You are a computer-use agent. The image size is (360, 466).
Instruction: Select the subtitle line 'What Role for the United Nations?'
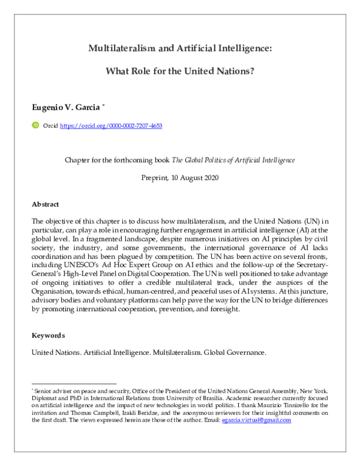click(x=180, y=70)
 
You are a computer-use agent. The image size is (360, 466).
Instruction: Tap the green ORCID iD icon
click(x=35, y=126)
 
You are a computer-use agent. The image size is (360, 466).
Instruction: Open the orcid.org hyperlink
click(x=111, y=127)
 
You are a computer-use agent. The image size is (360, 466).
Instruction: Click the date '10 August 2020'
click(x=196, y=178)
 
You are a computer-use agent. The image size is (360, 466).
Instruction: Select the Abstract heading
click(x=46, y=204)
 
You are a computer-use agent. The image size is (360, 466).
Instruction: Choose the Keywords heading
click(x=49, y=335)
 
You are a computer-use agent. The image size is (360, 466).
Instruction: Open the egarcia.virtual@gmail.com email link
click(x=256, y=420)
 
